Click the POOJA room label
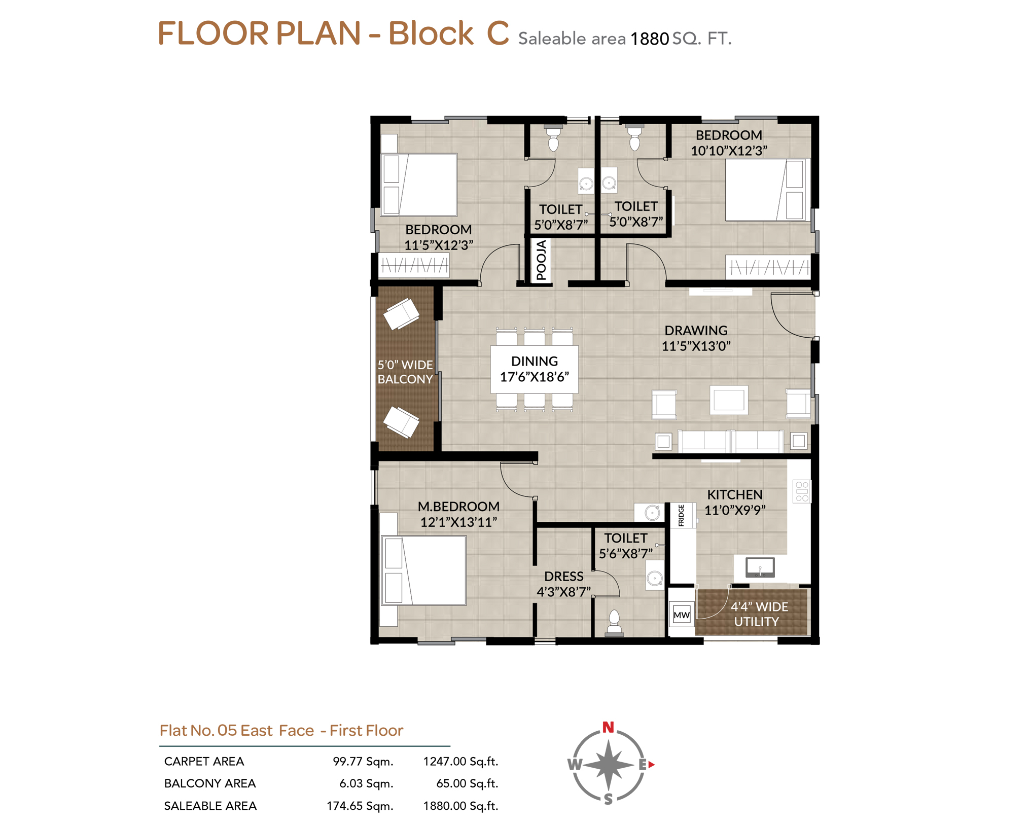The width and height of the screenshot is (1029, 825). (x=541, y=260)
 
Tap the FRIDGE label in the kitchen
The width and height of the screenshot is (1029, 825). (x=681, y=515)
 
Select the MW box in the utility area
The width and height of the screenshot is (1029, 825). (x=681, y=615)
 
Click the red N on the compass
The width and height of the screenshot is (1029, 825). (x=608, y=727)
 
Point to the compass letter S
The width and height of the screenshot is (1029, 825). (x=608, y=799)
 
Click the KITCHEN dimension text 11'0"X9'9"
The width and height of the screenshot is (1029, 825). (x=734, y=510)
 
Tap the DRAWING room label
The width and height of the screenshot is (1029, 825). (x=695, y=330)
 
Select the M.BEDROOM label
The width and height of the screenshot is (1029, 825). (x=458, y=506)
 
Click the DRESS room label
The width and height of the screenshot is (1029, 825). (x=563, y=576)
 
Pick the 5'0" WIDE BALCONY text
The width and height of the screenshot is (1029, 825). (x=405, y=372)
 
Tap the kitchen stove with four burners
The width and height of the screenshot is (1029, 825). (x=801, y=491)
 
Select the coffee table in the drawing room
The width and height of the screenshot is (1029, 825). (x=728, y=400)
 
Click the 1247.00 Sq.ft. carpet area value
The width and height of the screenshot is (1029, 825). (x=460, y=761)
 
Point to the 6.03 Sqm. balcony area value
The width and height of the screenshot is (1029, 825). (x=366, y=783)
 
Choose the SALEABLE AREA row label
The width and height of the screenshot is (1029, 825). (x=210, y=806)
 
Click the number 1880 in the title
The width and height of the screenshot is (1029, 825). (x=649, y=39)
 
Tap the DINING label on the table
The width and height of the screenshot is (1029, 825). (x=534, y=361)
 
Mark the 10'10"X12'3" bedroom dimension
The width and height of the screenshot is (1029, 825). (x=728, y=151)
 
